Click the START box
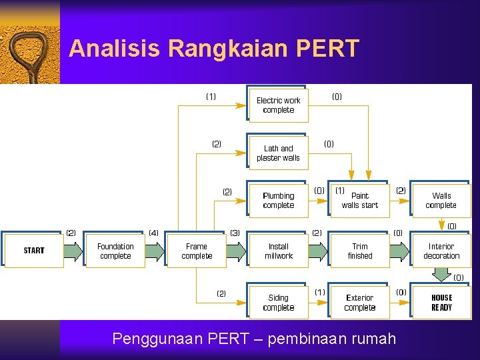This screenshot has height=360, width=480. pos(34,251)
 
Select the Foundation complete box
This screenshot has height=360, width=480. pos(115,251)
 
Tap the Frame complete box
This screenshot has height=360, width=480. pos(197,251)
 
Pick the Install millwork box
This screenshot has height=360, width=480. pos(279,251)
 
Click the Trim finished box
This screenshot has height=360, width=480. pos(360,251)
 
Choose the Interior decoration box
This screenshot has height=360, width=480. pos(441,251)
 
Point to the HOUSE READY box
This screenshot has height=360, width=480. pos(441,303)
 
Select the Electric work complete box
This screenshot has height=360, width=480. pos(279,105)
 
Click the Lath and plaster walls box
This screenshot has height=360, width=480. pos(279,153)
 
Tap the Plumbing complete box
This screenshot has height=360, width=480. pos(279,200)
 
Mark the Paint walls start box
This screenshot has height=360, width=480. pos(360,200)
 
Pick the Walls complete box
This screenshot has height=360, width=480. pos(441,200)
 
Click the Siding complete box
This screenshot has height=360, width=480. pos(279,303)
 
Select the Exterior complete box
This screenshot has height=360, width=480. pos(360,303)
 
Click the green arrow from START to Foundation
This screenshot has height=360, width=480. pos(74,251)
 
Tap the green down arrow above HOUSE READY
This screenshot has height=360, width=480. pos(441,275)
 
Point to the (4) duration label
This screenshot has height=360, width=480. pos(153,233)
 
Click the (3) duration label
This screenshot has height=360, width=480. pos(235,233)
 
